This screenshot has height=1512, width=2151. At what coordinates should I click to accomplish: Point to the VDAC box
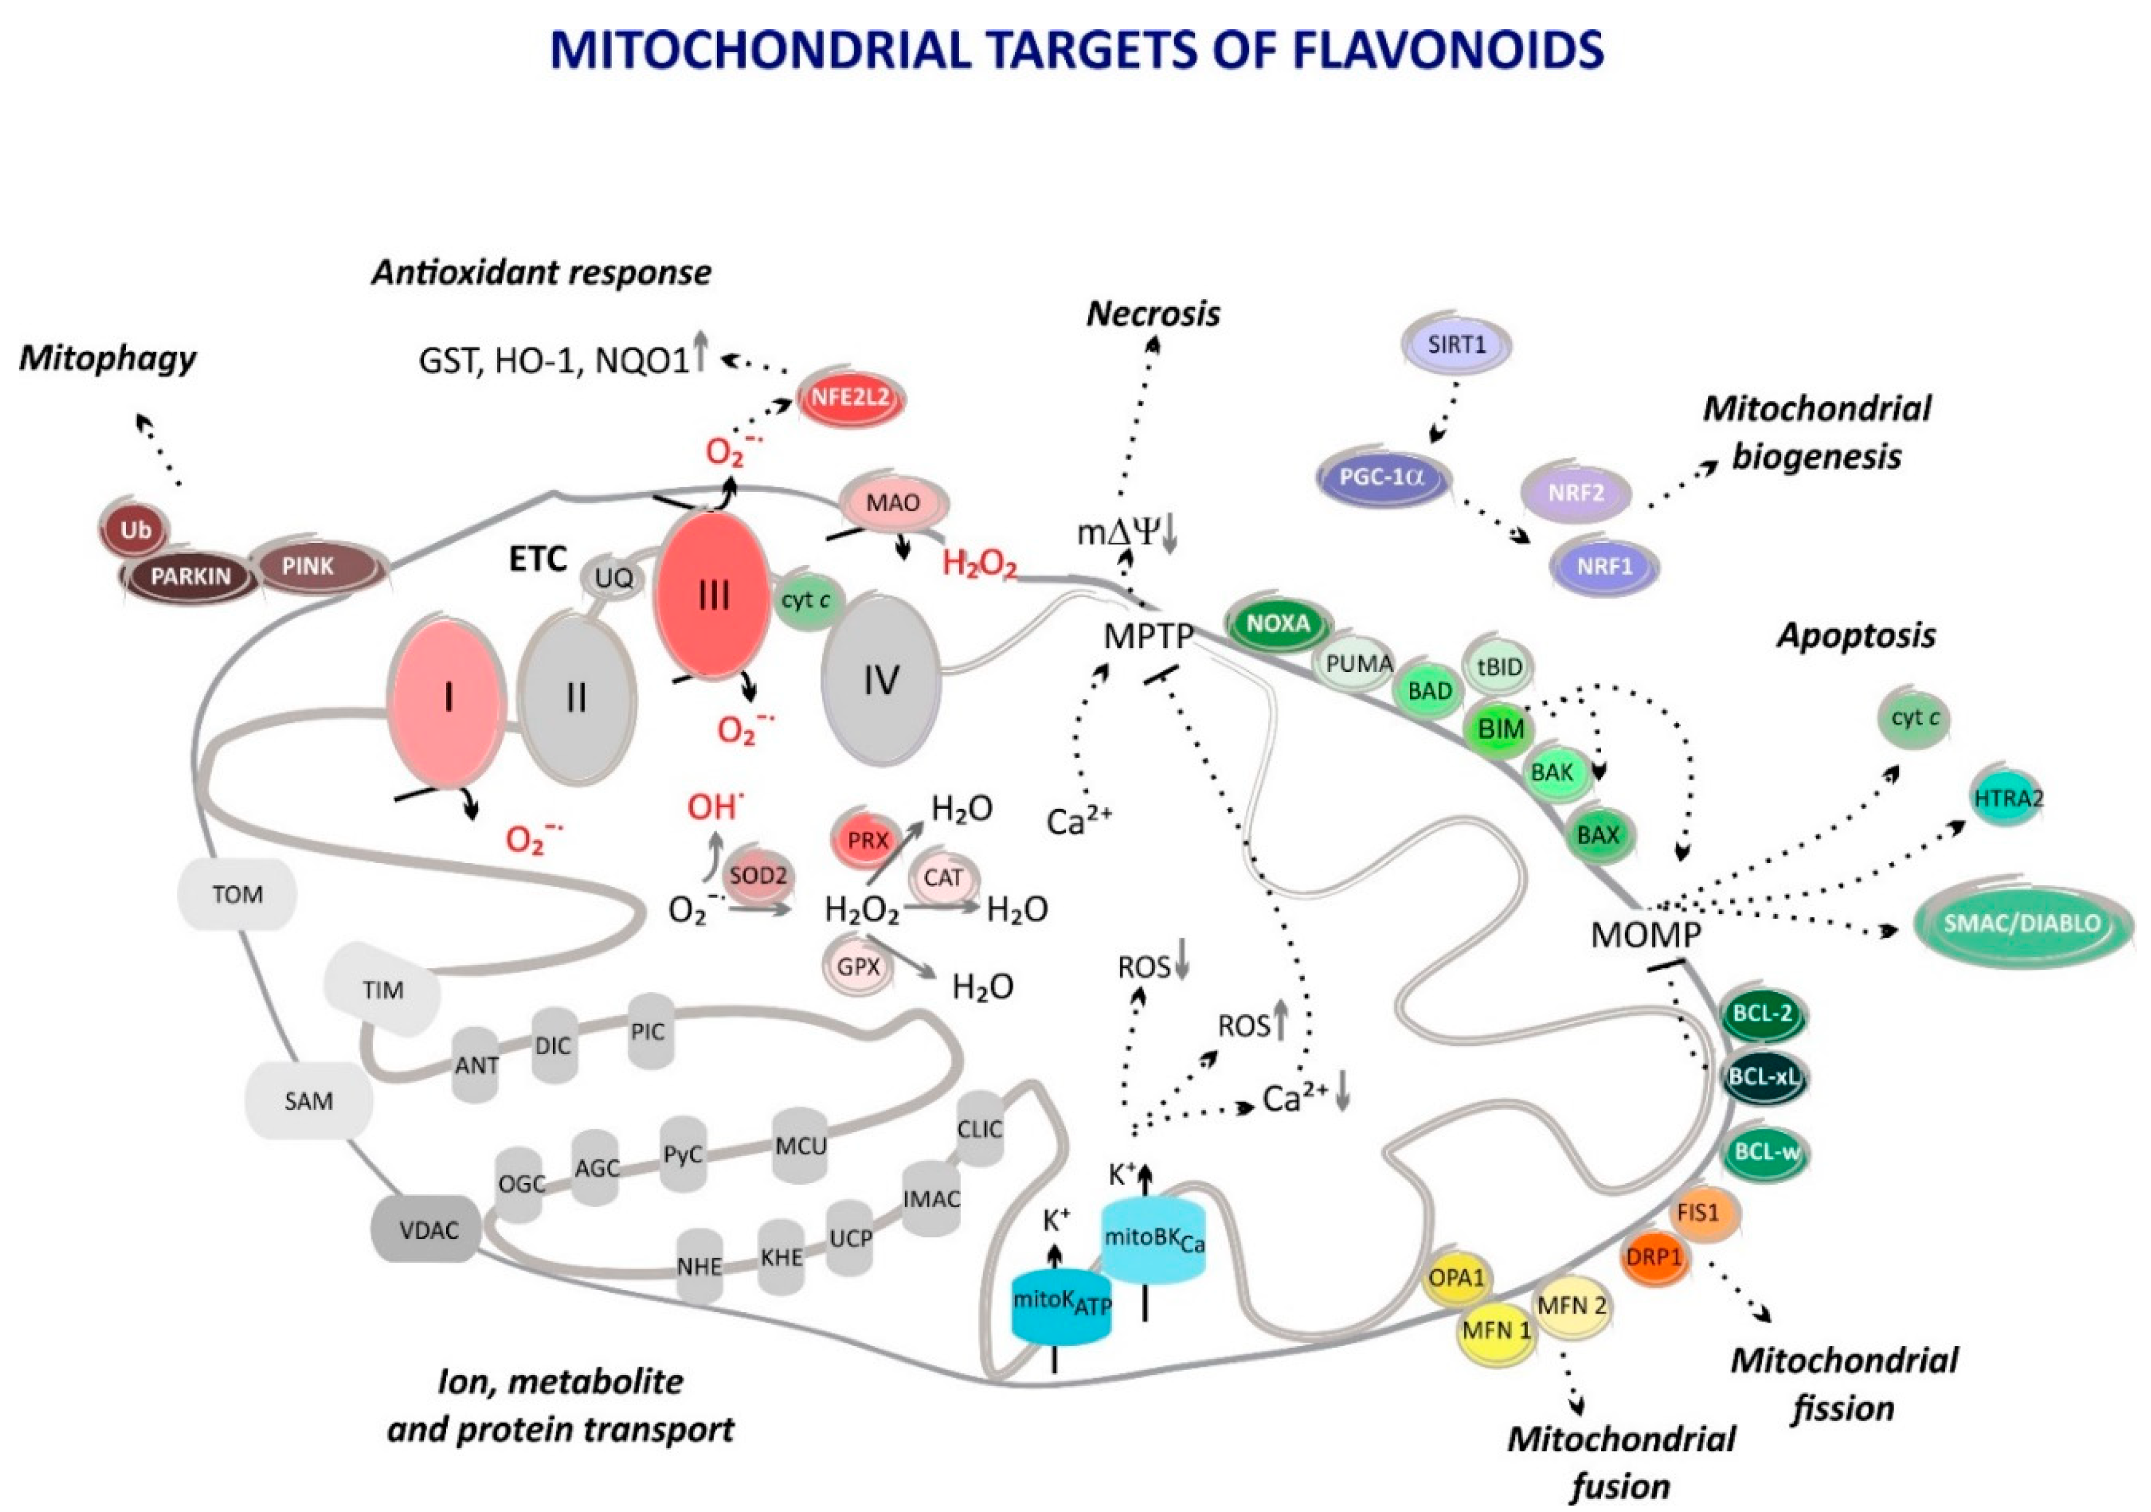coord(428,1229)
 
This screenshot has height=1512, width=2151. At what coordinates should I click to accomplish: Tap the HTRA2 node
coord(2008,798)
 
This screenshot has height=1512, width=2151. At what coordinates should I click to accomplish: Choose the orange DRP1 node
coord(1653,1257)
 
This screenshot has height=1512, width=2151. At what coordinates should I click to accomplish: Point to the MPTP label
coord(1148,637)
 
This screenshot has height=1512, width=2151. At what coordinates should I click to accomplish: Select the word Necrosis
coord(1153,314)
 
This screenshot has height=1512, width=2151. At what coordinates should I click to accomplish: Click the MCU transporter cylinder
coord(800,1146)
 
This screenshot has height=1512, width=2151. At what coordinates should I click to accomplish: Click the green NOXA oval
coord(1278,623)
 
